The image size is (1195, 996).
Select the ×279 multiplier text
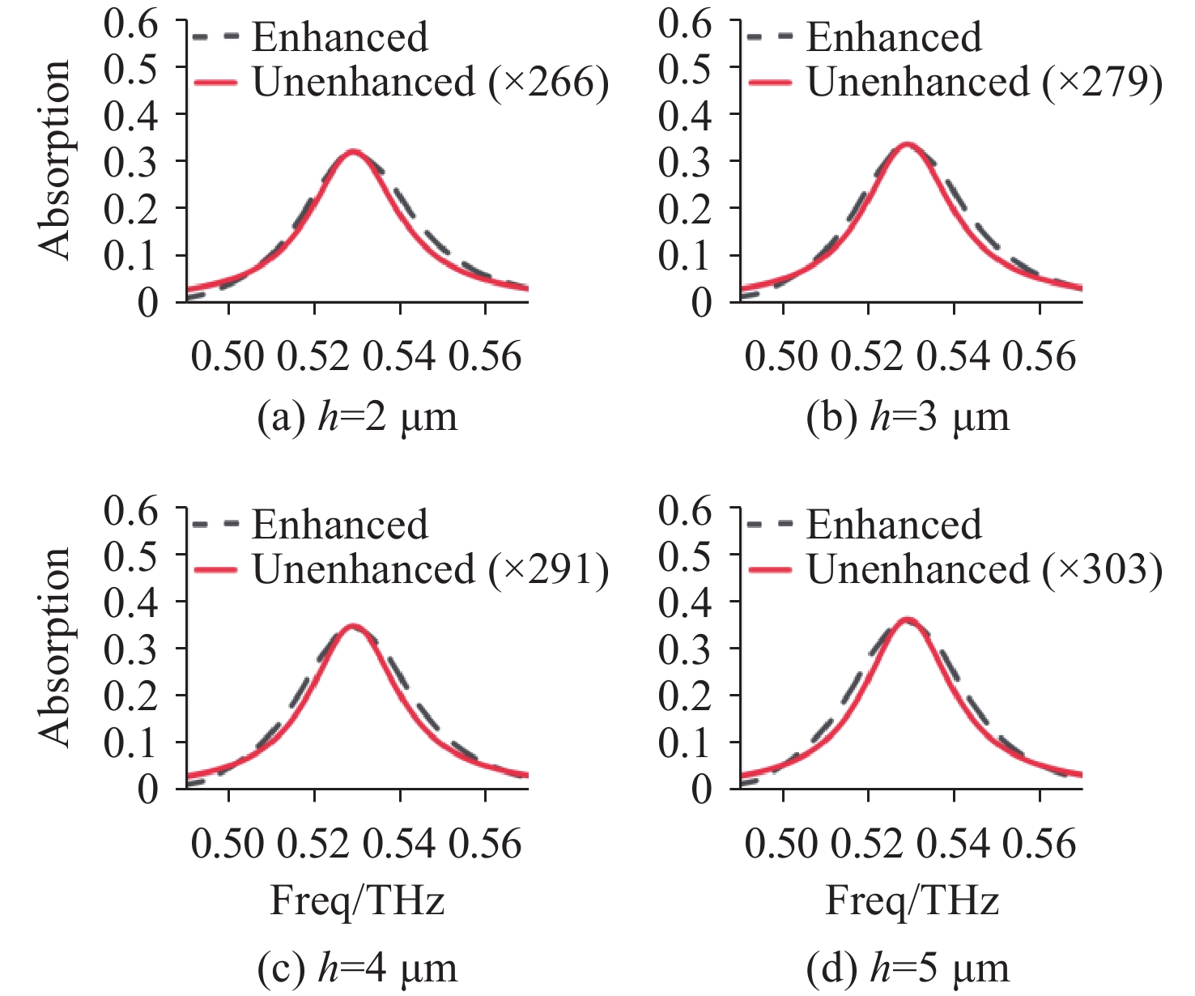click(1103, 83)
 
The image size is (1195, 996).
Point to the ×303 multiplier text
click(1103, 570)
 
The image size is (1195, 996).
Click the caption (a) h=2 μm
click(357, 417)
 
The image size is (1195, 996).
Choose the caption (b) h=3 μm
click(908, 417)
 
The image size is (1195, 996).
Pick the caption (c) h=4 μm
click(357, 968)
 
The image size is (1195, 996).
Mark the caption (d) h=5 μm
click(908, 968)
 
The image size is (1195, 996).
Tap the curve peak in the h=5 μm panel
click(908, 621)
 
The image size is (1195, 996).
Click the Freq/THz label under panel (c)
click(357, 901)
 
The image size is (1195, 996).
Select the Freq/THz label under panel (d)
click(912, 901)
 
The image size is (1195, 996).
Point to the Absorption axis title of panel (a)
click(55, 160)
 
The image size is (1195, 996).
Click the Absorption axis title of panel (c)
click(55, 647)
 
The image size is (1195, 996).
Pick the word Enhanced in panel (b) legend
click(894, 37)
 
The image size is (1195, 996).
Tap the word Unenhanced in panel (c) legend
click(364, 570)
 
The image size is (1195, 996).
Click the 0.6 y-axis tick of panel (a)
click(131, 23)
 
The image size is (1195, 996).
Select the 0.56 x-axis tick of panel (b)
click(1040, 357)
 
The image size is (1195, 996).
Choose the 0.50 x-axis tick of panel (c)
click(228, 844)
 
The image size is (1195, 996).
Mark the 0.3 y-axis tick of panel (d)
click(685, 649)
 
